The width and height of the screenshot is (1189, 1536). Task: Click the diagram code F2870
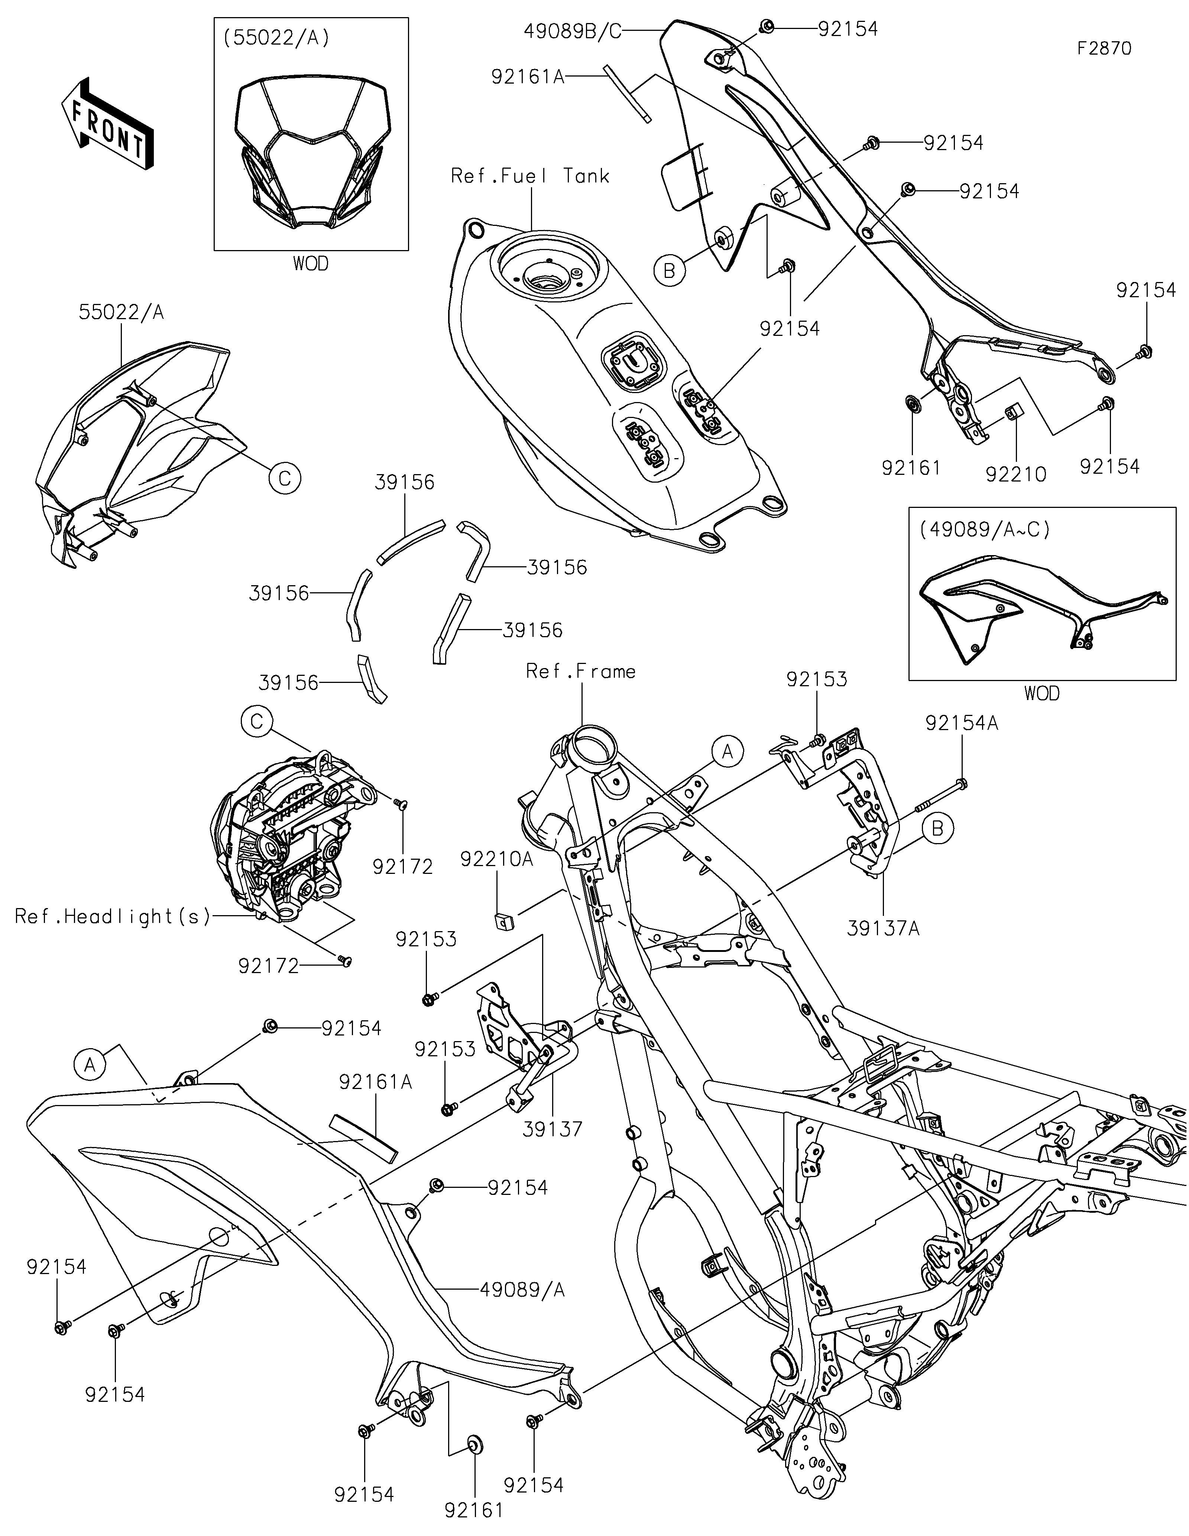point(1104,49)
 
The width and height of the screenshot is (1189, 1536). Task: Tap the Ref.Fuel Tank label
point(529,176)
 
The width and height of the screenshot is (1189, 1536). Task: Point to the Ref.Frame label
point(581,672)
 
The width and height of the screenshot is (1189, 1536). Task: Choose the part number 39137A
point(883,929)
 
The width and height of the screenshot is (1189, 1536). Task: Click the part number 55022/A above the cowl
point(122,312)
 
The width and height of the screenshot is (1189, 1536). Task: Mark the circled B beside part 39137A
point(937,829)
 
